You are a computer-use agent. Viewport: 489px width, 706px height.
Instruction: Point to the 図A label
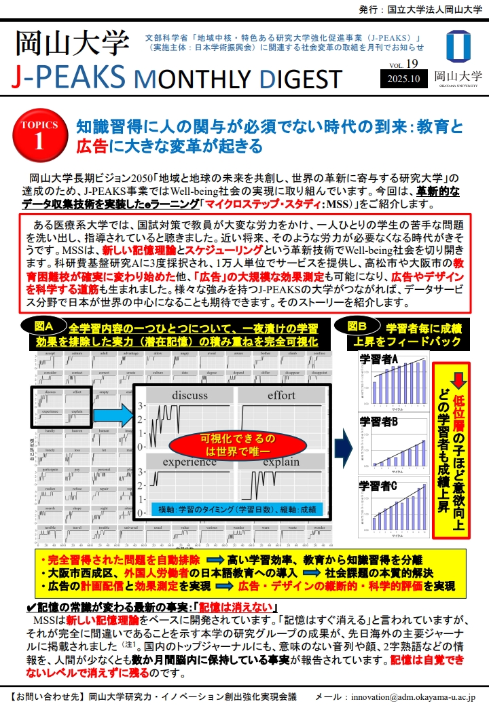pos(50,326)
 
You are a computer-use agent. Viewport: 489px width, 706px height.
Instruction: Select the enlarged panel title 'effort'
pos(280,395)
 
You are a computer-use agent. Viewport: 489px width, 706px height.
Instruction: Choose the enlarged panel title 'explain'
pos(280,462)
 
